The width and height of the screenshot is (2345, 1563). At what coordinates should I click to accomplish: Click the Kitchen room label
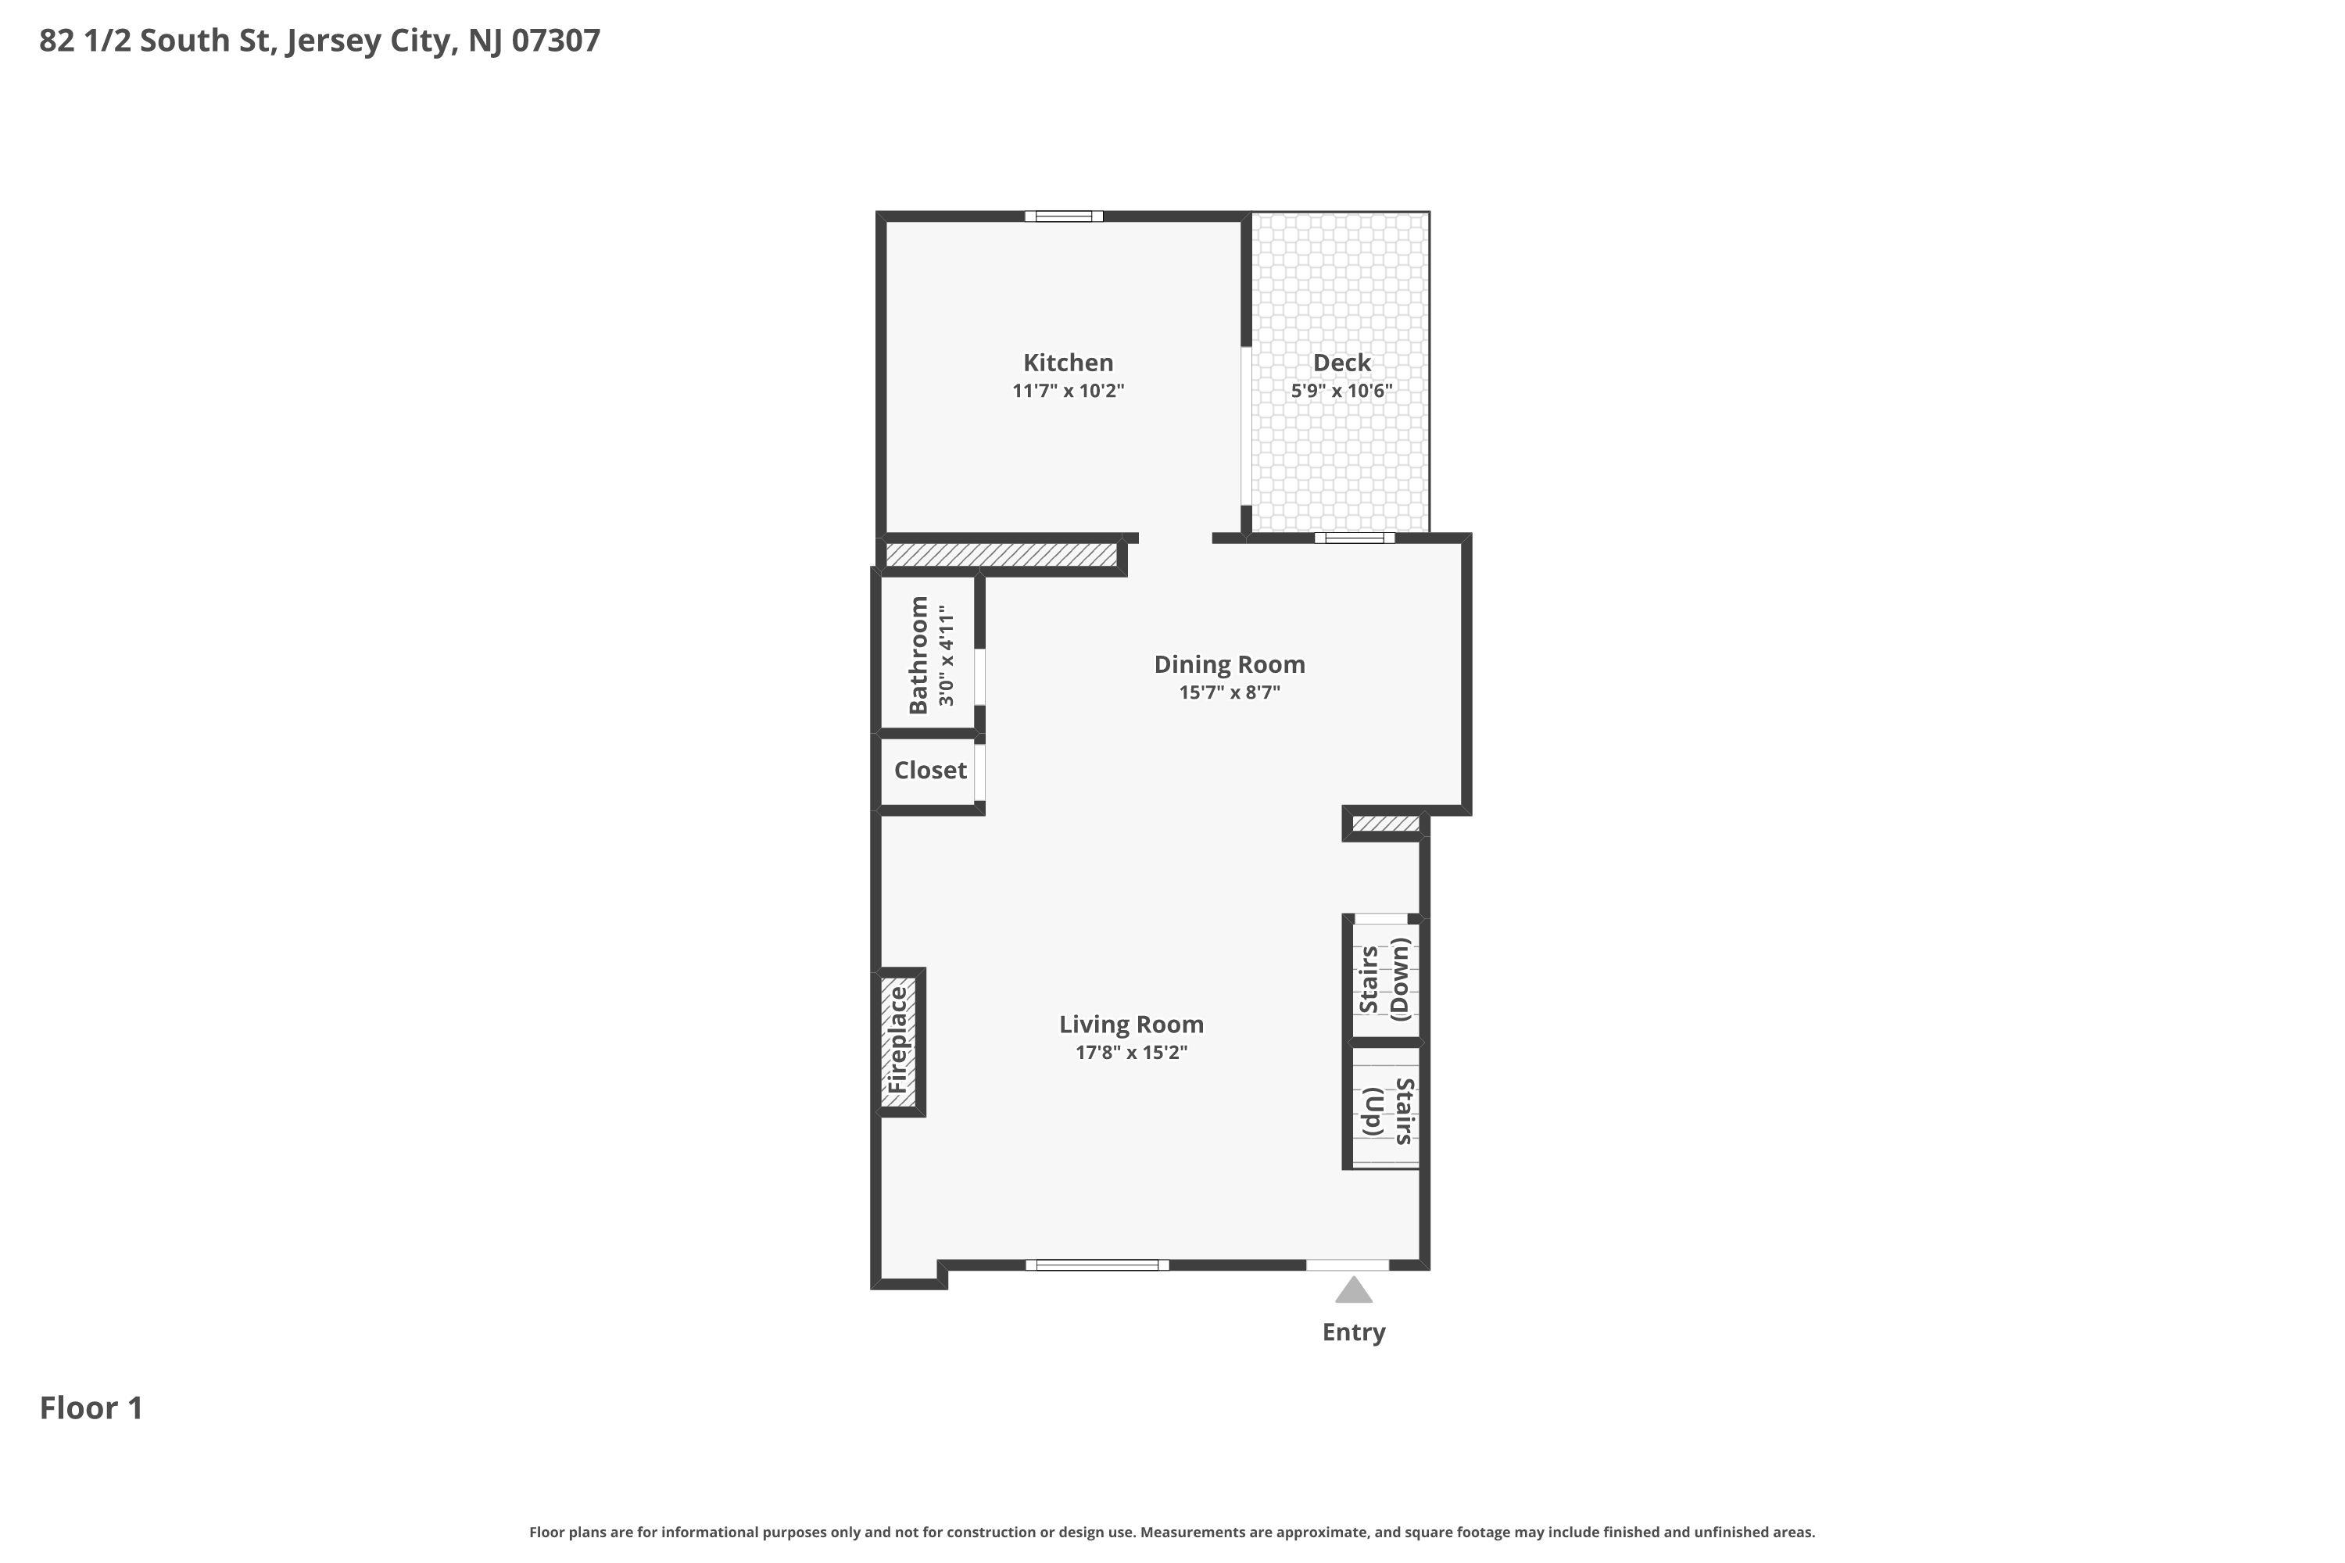click(x=1068, y=363)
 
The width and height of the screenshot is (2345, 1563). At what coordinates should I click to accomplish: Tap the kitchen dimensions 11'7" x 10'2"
click(x=1068, y=391)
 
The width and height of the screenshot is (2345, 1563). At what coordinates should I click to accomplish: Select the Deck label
click(x=1341, y=363)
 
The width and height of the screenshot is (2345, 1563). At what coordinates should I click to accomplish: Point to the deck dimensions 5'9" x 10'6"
click(x=1341, y=391)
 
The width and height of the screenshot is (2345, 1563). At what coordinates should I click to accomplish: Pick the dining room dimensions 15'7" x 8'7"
click(x=1230, y=692)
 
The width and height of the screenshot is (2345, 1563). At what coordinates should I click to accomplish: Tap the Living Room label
click(x=1130, y=1025)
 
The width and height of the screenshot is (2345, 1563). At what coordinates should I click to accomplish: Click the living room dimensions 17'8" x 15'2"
click(x=1130, y=1053)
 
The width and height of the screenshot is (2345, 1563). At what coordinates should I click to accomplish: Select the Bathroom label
click(x=918, y=655)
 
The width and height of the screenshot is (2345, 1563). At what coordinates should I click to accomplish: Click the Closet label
click(x=930, y=771)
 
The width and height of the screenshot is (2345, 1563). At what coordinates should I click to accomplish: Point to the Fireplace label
click(x=897, y=1039)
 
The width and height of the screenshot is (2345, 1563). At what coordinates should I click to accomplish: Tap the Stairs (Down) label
click(x=1386, y=980)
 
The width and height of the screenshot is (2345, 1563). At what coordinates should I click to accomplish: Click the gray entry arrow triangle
click(x=1353, y=1291)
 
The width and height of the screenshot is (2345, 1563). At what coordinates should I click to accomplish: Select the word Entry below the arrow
click(x=1353, y=1332)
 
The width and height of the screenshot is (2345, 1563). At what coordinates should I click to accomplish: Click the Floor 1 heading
click(x=91, y=1408)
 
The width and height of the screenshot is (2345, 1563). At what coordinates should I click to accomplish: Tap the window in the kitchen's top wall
click(x=1064, y=216)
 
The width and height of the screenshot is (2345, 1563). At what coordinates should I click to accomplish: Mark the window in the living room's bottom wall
click(x=1097, y=1265)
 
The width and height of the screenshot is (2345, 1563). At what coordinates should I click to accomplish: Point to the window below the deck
click(x=1354, y=538)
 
